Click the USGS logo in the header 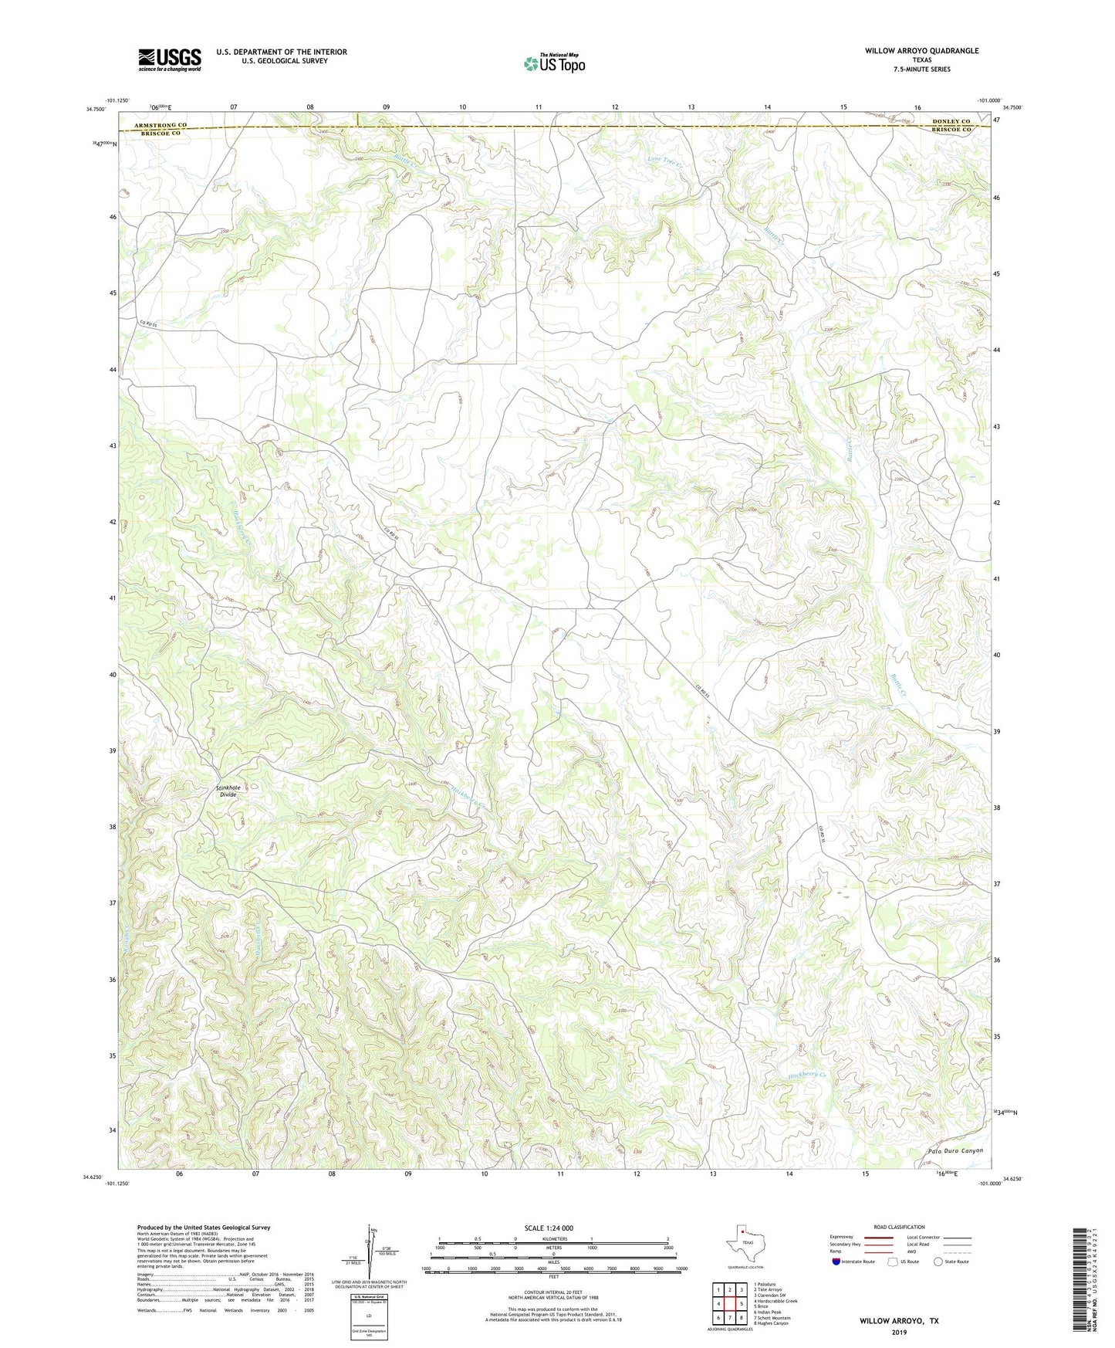(170, 59)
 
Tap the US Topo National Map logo (553, 63)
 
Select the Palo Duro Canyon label (955, 1150)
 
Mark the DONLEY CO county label (951, 122)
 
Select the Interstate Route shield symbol (836, 1262)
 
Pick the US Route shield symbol (893, 1262)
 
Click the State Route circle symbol (938, 1262)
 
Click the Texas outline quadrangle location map (744, 1245)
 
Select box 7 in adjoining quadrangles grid (729, 1318)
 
